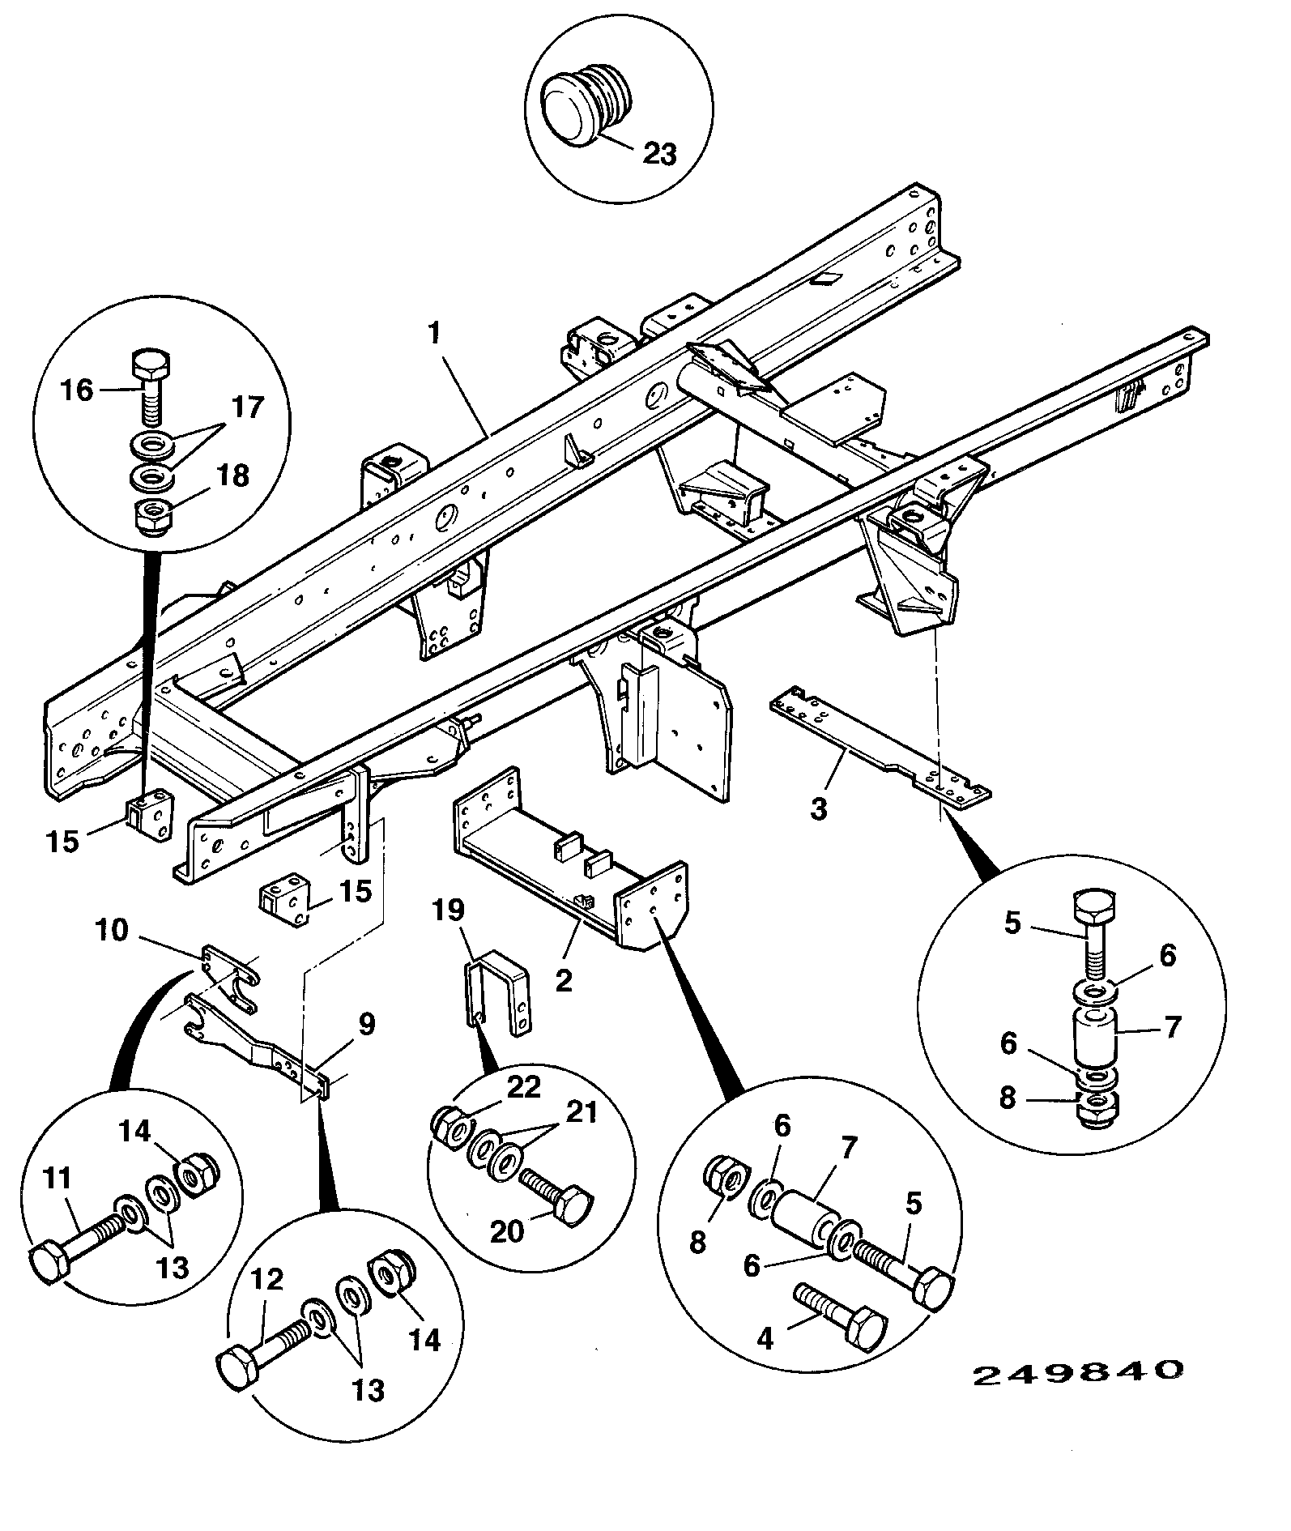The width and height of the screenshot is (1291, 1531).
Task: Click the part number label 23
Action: click(x=659, y=153)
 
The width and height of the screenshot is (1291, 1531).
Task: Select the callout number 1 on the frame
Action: click(x=435, y=333)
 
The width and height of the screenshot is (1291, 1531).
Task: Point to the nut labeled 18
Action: click(x=151, y=517)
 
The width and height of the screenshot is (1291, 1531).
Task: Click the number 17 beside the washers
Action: click(x=249, y=407)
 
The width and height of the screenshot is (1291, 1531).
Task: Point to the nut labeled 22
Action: click(x=449, y=1128)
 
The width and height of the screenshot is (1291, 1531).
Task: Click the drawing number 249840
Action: click(x=1079, y=1371)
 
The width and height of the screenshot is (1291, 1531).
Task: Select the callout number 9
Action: click(x=367, y=1024)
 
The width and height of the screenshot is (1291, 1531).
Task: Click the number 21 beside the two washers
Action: click(x=580, y=1112)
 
